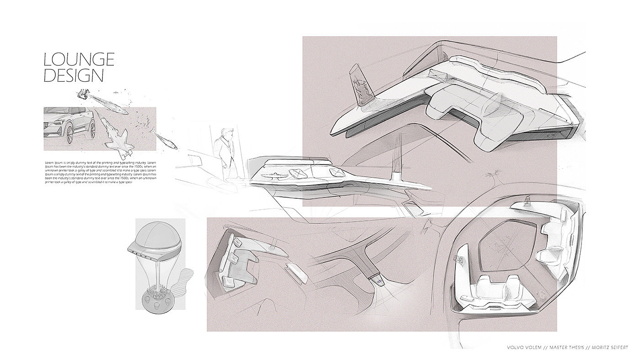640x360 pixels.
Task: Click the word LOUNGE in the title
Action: [x=79, y=59]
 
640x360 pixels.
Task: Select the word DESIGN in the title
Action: [x=73, y=75]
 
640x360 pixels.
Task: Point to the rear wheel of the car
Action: [x=91, y=127]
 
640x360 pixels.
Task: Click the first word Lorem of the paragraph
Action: [x=50, y=163]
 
